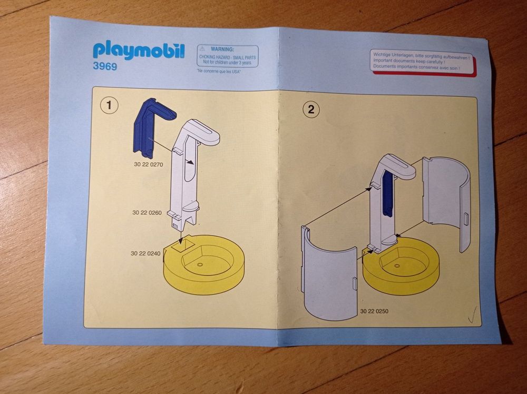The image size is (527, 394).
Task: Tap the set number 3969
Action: [105, 66]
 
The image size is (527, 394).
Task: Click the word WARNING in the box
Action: [222, 50]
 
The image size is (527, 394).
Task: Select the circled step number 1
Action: [109, 105]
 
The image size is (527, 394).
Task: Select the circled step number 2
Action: [311, 110]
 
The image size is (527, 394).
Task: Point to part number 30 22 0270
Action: [148, 164]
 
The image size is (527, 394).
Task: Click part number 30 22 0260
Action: [147, 213]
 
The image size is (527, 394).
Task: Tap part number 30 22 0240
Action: [145, 253]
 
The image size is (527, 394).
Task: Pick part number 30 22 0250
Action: [374, 311]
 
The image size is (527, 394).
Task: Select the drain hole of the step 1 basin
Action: [200, 264]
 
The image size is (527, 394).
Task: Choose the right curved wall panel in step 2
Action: [446, 202]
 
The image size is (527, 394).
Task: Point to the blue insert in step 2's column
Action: [387, 193]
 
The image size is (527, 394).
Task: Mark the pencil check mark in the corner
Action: [473, 315]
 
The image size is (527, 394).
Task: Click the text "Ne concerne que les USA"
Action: [219, 72]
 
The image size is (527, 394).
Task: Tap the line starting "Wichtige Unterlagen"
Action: [422, 55]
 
